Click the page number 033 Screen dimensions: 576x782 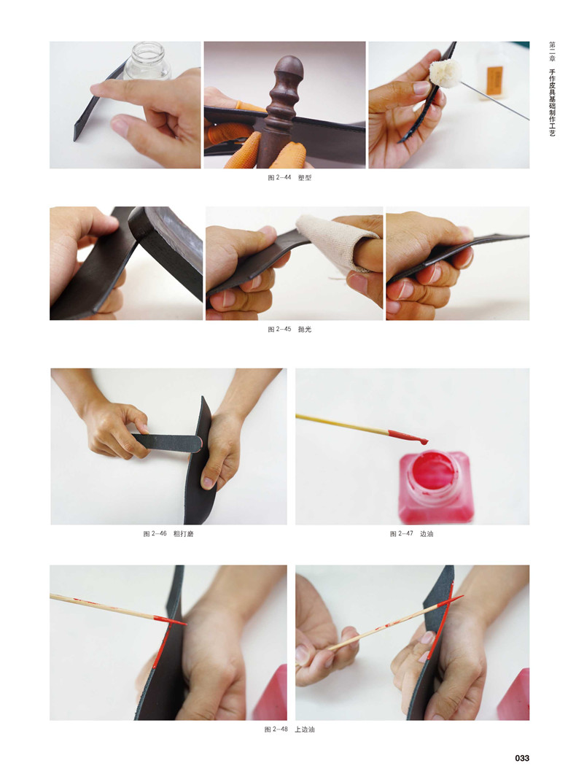[x=522, y=757]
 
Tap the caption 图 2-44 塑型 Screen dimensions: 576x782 [x=289, y=177]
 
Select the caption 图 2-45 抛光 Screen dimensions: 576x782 [x=289, y=329]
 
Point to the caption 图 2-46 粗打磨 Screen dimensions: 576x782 [x=168, y=534]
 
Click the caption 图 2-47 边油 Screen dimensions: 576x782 [x=411, y=534]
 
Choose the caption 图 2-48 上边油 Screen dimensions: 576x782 [x=289, y=729]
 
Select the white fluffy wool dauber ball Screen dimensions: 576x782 [x=445, y=74]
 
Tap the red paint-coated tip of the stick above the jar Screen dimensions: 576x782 [x=408, y=437]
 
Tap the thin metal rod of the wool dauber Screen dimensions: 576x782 [x=494, y=101]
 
